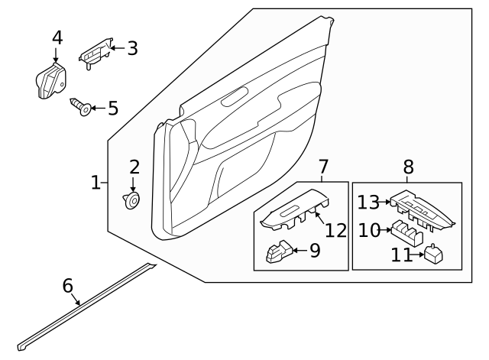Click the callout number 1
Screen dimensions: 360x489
click(x=96, y=183)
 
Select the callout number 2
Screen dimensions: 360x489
click(x=134, y=167)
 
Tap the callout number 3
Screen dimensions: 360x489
click(x=132, y=49)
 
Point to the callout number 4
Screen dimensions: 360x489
click(x=56, y=37)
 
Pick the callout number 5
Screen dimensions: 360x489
click(x=112, y=108)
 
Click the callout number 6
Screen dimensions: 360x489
click(x=67, y=287)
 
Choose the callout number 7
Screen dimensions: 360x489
click(x=322, y=166)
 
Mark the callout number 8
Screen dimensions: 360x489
click(x=407, y=166)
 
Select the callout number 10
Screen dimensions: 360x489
click(x=369, y=230)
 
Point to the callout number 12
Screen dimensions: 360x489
click(x=336, y=229)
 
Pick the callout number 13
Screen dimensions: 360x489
click(x=369, y=202)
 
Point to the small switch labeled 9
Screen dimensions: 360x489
click(x=278, y=252)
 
